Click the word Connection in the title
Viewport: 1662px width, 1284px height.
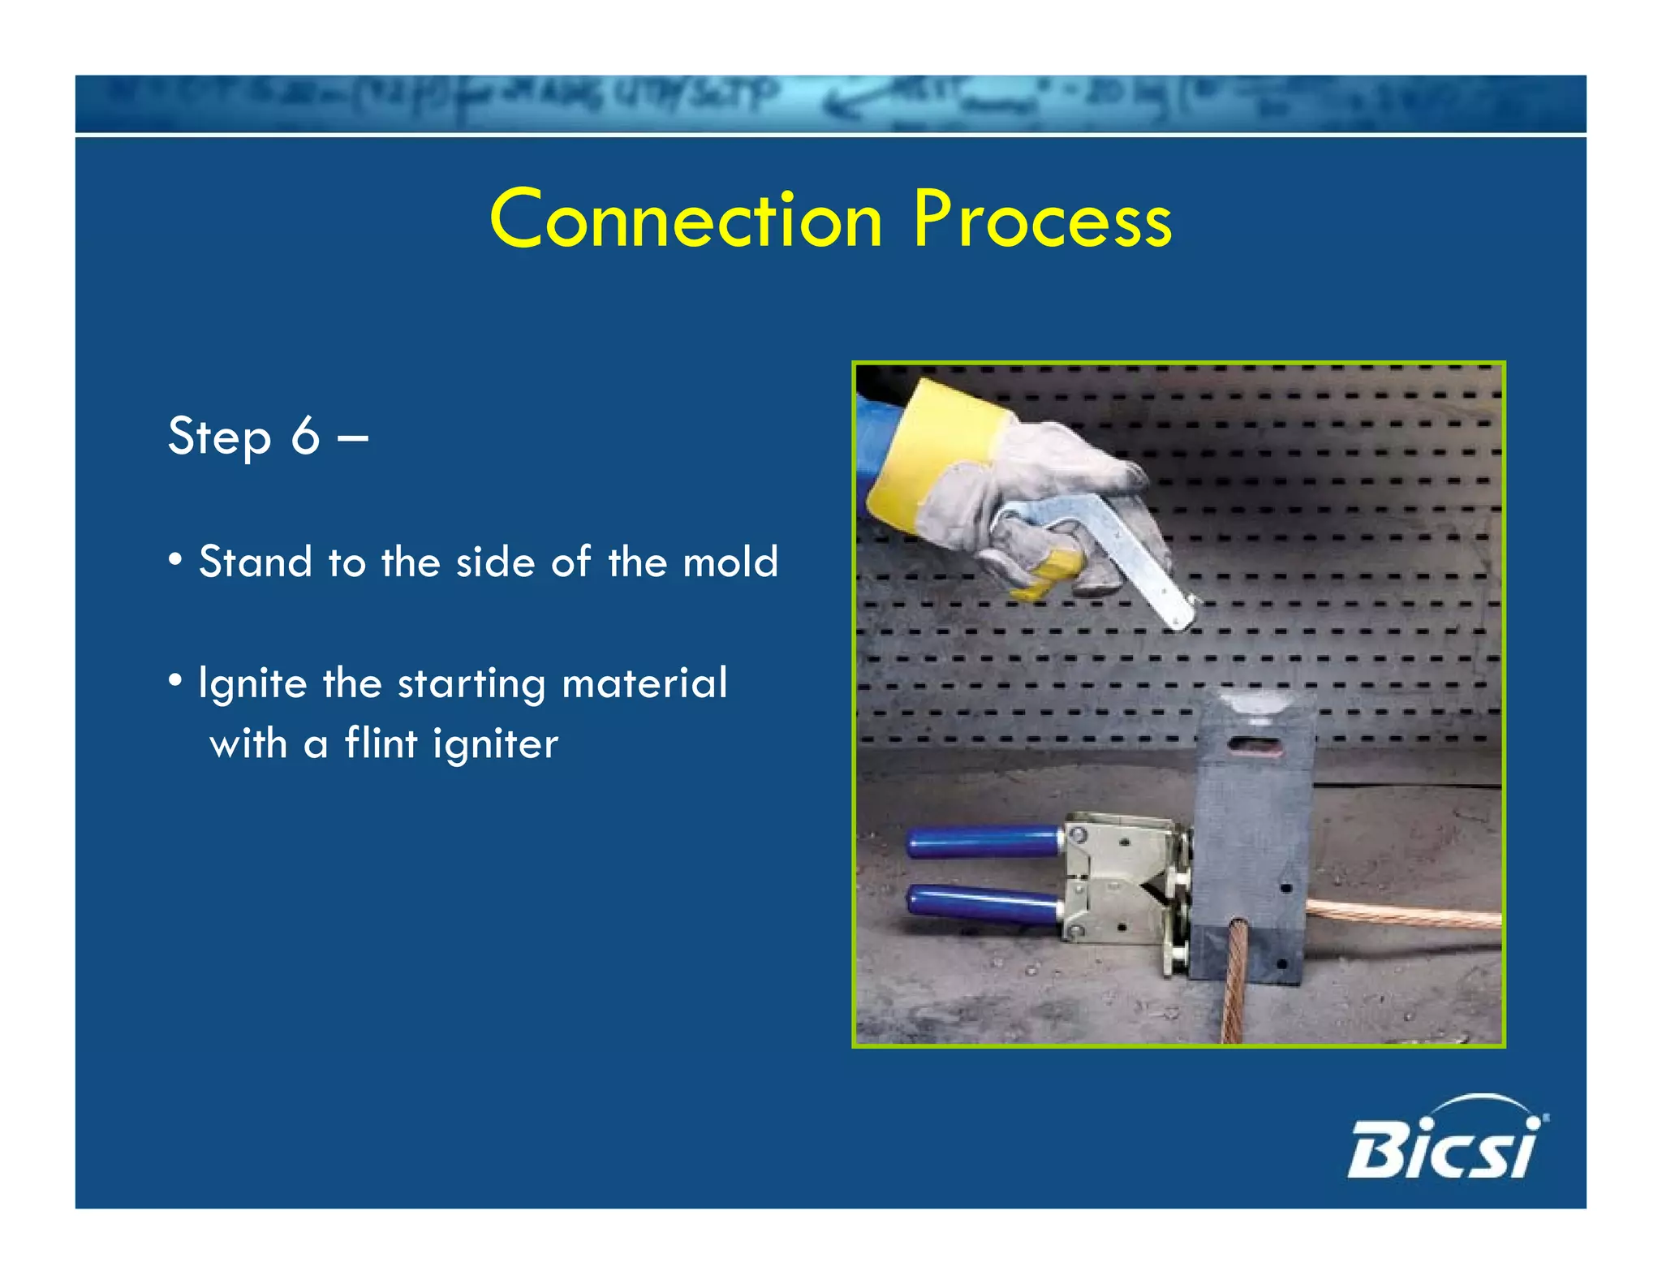pos(686,219)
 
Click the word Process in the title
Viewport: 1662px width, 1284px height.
pos(1042,219)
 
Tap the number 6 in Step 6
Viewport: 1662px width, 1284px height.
pos(305,437)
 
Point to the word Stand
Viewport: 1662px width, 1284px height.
pos(255,562)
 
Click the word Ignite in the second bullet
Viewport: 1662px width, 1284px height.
pos(252,683)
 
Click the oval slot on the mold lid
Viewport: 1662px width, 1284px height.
pos(1254,743)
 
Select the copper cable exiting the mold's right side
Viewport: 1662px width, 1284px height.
pos(1404,915)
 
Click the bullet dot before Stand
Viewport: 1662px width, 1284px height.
pos(175,560)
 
